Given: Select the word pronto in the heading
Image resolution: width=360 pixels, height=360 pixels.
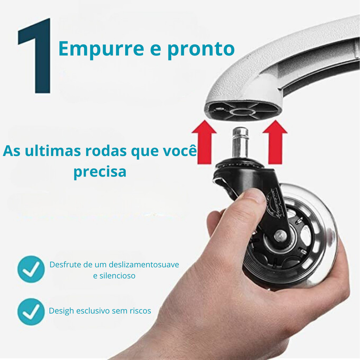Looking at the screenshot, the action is point(201,49).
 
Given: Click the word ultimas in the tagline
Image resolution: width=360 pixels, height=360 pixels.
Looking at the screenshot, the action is point(53,151).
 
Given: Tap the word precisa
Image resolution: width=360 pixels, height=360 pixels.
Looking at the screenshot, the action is point(100,172).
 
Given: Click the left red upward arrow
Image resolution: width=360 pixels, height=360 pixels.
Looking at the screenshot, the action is point(204,142).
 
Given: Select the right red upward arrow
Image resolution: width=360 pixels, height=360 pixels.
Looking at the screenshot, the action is point(275,142).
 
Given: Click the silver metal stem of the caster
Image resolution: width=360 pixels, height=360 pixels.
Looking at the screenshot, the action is point(240,143).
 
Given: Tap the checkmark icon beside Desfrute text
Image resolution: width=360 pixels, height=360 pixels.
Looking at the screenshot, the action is point(31,269).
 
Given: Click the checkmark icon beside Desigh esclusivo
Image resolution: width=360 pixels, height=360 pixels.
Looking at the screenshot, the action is point(31,311).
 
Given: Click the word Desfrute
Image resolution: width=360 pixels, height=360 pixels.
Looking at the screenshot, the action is point(65,264).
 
